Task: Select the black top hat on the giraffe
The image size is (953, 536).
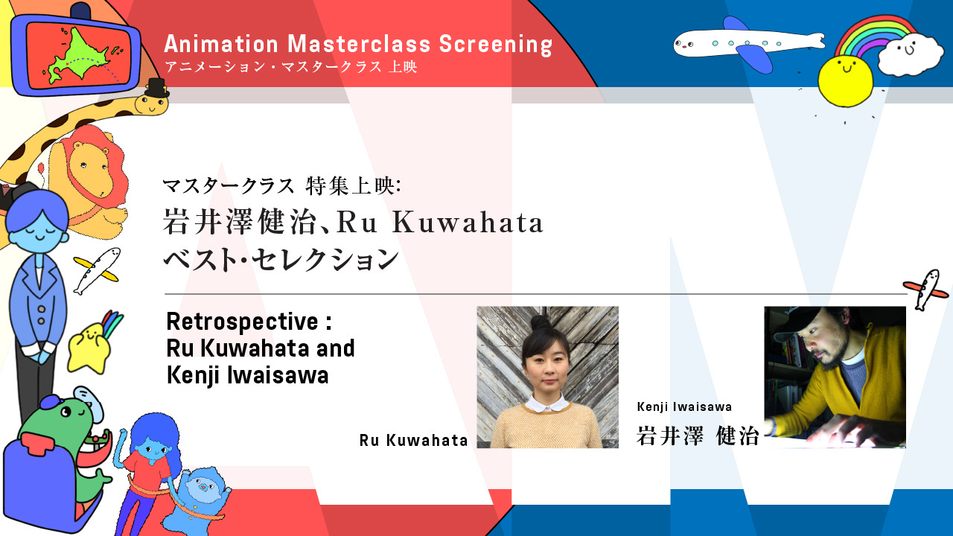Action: coord(156,88)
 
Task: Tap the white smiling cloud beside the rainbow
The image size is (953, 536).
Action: coord(911,54)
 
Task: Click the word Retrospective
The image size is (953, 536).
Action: coord(243,322)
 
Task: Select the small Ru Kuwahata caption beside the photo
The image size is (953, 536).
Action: coord(413,440)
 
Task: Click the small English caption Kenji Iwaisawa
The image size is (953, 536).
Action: coord(684,406)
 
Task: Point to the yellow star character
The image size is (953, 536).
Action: coord(89,348)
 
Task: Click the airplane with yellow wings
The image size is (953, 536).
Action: coord(97,270)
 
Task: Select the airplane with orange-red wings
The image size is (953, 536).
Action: coord(925,290)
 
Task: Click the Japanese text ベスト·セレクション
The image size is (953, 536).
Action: coord(281,259)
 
